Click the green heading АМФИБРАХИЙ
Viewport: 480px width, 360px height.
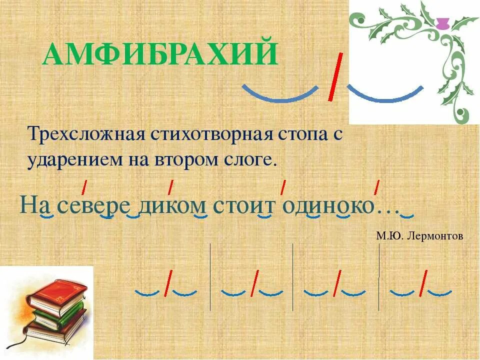click(160, 55)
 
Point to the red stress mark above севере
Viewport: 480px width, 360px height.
click(84, 187)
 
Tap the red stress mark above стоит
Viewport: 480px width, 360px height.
click(283, 186)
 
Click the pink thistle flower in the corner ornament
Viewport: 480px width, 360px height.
click(442, 23)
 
